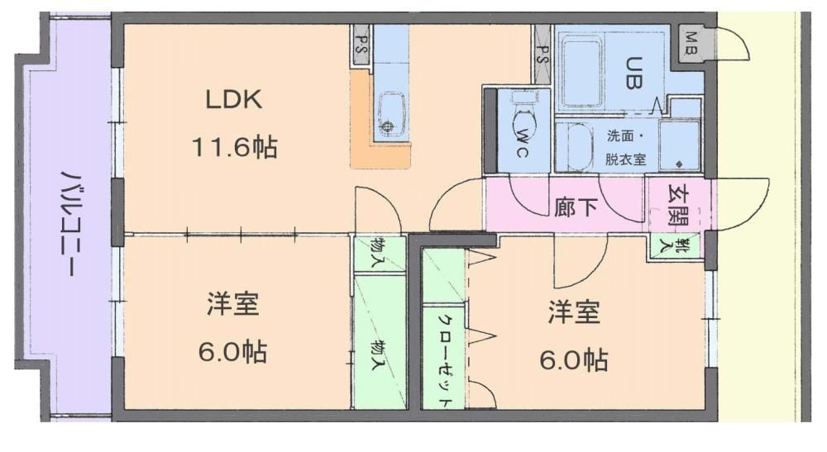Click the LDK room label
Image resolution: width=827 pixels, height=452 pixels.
234,99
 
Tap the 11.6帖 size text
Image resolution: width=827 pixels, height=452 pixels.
234,146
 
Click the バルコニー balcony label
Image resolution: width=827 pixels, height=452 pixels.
69,223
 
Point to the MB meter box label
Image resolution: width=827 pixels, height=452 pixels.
691,43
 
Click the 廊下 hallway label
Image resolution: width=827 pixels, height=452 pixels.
576,207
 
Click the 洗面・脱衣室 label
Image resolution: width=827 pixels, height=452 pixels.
625,148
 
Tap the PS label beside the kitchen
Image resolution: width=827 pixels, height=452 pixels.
362,45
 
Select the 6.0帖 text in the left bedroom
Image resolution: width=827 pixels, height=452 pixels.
232,351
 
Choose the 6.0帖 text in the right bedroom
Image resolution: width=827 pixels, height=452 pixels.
574,360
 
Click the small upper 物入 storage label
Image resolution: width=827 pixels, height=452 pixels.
377,252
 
